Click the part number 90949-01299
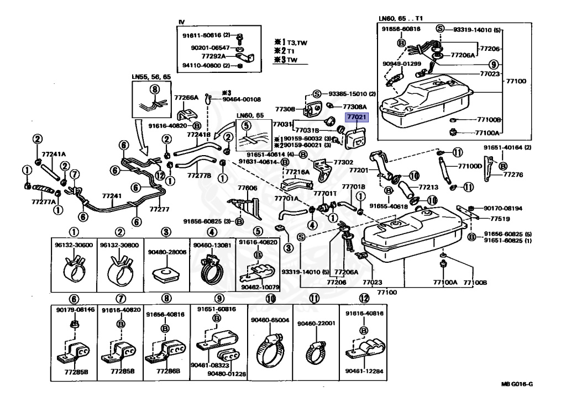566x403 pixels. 401,63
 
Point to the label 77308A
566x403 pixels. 355,105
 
